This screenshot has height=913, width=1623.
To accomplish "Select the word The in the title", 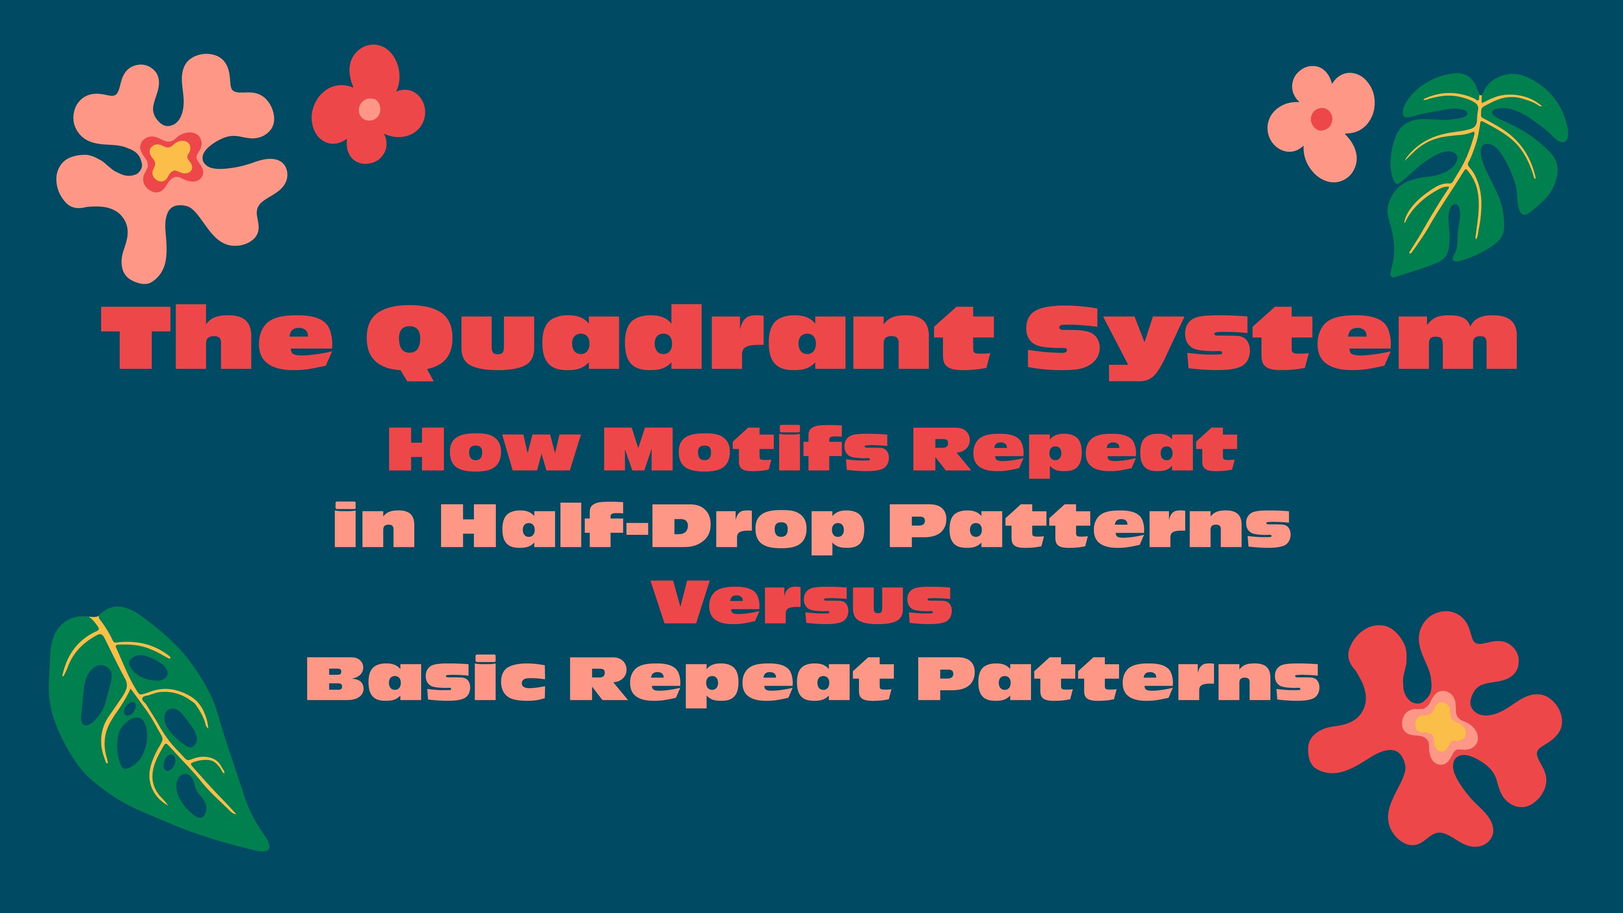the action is (x=217, y=338).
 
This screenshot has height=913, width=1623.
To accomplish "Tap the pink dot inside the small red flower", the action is (x=369, y=110).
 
